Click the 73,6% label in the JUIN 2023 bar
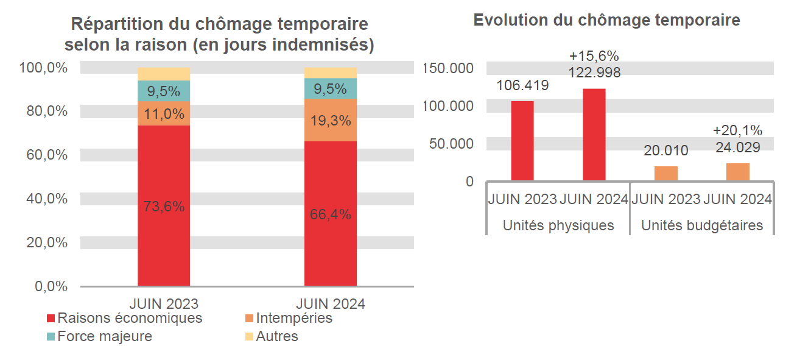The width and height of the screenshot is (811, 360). (164, 206)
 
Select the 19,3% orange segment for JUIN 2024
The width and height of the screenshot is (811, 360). (331, 121)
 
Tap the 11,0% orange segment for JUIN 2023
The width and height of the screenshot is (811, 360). (164, 113)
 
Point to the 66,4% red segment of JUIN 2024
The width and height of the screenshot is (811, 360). (331, 214)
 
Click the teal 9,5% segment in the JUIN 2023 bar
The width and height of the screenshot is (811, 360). (164, 91)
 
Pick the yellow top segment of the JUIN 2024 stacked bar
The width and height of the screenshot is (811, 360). (331, 72)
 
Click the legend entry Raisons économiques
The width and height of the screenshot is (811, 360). (125, 318)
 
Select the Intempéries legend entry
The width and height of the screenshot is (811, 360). (289, 318)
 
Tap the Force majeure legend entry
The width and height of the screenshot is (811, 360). (100, 336)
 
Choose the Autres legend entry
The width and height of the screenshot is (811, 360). (272, 336)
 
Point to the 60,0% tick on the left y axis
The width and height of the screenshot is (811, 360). (43, 155)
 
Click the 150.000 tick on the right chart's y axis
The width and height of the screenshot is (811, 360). (448, 68)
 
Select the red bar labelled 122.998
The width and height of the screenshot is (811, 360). (594, 135)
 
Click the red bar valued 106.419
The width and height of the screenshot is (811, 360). (522, 141)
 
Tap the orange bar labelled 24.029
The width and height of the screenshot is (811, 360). (738, 172)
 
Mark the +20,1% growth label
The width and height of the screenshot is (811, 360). (737, 130)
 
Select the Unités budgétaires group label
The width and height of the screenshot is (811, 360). (702, 225)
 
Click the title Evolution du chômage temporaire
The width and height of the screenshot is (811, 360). (606, 20)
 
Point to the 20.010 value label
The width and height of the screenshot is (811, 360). (666, 150)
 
